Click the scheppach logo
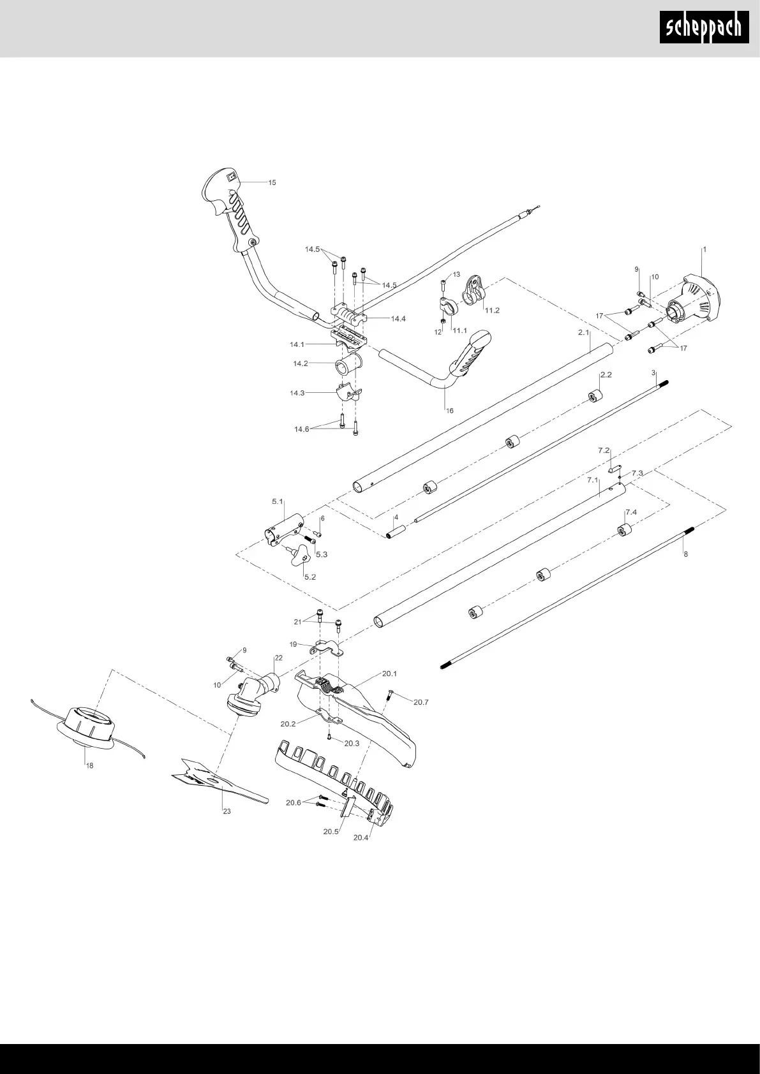click(704, 28)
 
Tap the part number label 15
click(272, 183)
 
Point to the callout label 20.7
click(421, 702)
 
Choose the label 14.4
click(398, 319)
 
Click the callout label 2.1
click(583, 333)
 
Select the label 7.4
click(631, 512)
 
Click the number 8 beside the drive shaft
click(686, 554)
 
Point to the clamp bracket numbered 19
click(326, 650)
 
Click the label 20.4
click(361, 837)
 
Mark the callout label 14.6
click(301, 429)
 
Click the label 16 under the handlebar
click(450, 411)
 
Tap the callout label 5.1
click(278, 502)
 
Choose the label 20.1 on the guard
click(389, 673)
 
